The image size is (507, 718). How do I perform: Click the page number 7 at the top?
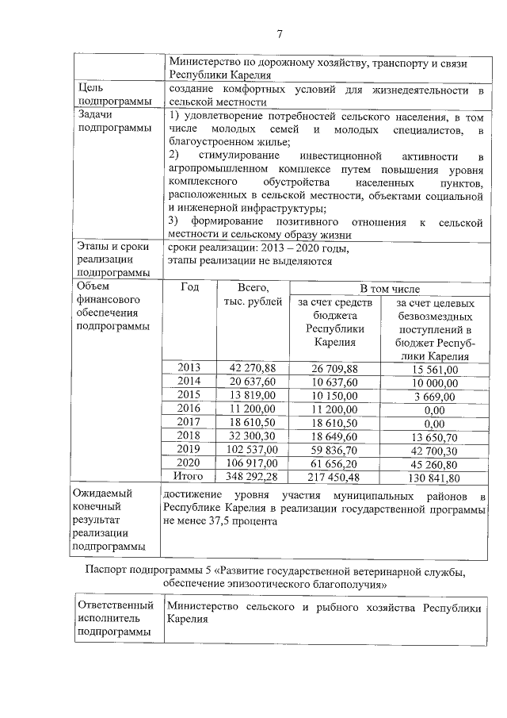point(279,33)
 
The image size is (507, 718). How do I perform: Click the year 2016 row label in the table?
point(189,409)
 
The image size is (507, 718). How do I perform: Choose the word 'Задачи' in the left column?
point(97,115)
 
